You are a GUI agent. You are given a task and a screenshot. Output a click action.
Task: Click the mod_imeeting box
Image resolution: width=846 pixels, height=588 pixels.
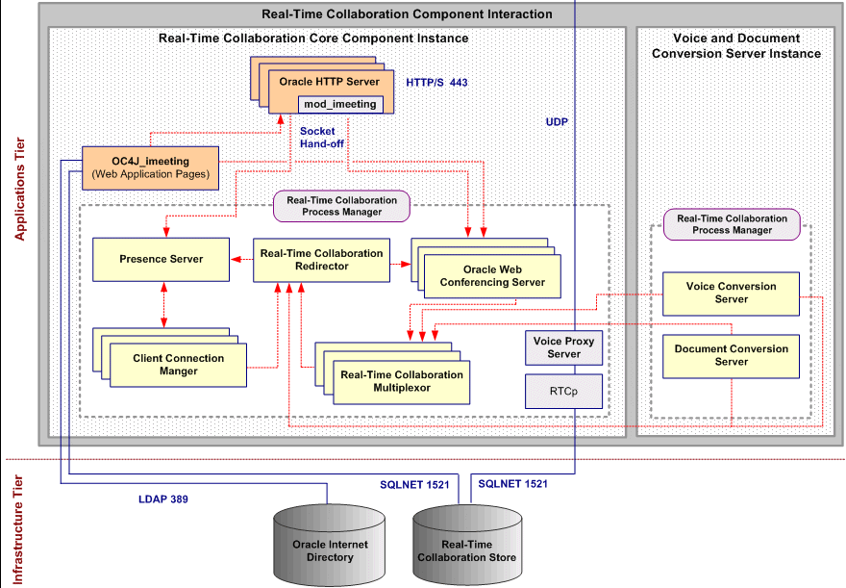coord(340,104)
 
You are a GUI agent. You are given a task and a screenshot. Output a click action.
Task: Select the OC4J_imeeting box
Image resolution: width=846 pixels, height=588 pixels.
coord(151,167)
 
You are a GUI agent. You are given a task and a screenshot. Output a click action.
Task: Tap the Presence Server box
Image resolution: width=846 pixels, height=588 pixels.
coord(161,260)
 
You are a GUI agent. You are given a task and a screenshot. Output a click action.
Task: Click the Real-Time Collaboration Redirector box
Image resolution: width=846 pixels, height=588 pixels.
coord(321,260)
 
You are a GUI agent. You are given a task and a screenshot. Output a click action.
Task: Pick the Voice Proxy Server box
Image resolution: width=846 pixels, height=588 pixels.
coord(564,347)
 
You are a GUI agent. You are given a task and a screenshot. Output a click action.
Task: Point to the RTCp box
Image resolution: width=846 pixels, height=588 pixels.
coord(564,392)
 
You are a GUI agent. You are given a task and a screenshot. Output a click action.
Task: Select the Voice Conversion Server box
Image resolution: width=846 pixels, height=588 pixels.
coord(731,294)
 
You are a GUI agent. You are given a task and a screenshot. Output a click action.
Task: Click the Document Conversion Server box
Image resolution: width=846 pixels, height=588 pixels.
coord(731,355)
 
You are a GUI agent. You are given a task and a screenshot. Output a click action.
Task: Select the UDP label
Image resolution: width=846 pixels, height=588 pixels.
coord(557,123)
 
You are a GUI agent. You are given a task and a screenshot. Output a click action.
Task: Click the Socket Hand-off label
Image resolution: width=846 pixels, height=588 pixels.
coord(317,137)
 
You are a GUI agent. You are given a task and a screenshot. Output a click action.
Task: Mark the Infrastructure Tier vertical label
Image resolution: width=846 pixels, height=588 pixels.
coord(19,524)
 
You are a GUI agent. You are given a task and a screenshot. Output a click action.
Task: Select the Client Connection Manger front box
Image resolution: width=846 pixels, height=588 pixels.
coord(179,365)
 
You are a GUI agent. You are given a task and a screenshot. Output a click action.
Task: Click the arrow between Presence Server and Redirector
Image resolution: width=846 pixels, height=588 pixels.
coord(241,260)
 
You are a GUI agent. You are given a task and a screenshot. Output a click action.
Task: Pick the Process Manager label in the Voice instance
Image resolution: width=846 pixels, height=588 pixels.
coord(732,224)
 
